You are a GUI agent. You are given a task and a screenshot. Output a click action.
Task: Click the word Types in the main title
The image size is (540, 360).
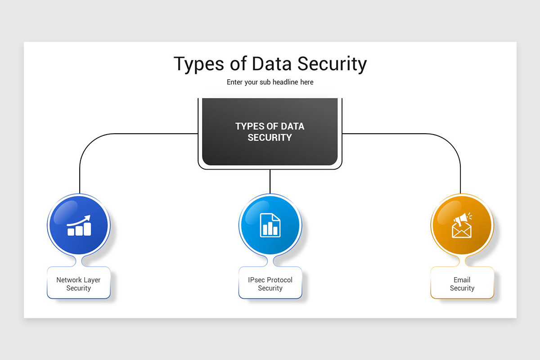tap(199, 64)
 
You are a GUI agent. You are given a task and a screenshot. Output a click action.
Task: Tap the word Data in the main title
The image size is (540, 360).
tap(272, 63)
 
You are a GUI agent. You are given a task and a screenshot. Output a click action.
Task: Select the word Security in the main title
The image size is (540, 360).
tap(332, 64)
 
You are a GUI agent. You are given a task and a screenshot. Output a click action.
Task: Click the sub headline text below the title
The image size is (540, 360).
tap(270, 82)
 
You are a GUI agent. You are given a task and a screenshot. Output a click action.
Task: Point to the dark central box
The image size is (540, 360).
tap(270, 132)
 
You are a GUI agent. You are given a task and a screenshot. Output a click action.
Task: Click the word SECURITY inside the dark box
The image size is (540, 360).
tap(270, 138)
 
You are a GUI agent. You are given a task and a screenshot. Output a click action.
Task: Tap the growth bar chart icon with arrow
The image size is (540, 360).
tap(79, 225)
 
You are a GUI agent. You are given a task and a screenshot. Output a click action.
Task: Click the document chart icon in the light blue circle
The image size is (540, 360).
tap(270, 225)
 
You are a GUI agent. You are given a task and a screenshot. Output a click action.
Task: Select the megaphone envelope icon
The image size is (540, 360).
tap(462, 225)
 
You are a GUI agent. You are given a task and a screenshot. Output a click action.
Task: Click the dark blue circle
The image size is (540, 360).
tap(79, 225)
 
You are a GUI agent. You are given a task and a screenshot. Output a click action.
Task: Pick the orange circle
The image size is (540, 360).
tap(462, 225)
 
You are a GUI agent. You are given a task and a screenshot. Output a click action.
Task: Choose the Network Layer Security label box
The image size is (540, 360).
tap(79, 283)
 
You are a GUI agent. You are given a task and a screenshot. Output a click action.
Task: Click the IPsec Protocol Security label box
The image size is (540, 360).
tap(270, 283)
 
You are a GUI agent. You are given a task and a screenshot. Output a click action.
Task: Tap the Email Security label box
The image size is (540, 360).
tap(462, 283)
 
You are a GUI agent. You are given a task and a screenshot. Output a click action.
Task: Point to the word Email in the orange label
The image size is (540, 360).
tap(462, 280)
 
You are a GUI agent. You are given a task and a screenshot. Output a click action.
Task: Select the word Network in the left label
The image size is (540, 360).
tap(69, 280)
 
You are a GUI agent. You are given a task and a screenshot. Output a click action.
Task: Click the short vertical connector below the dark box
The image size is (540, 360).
tap(270, 181)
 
